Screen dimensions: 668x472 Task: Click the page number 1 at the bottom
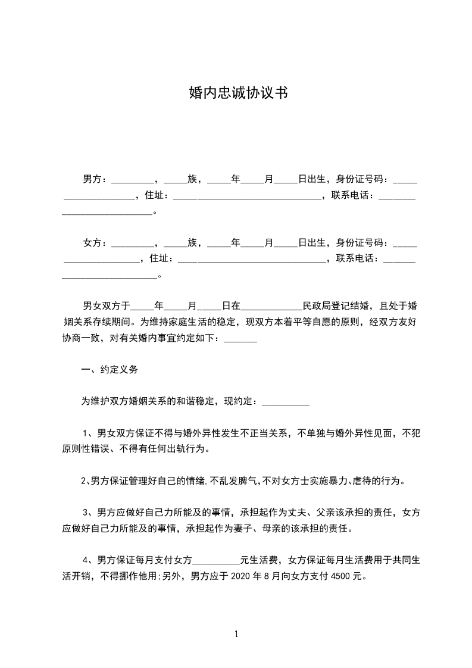click(236, 634)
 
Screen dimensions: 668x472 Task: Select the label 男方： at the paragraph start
click(95, 179)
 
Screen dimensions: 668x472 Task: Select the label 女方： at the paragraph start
click(95, 243)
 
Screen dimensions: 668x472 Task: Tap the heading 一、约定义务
click(110, 370)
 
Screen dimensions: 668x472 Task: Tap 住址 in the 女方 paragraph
click(160, 259)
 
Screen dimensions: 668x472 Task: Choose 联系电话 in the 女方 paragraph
click(357, 259)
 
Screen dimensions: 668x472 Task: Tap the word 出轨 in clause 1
click(178, 448)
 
